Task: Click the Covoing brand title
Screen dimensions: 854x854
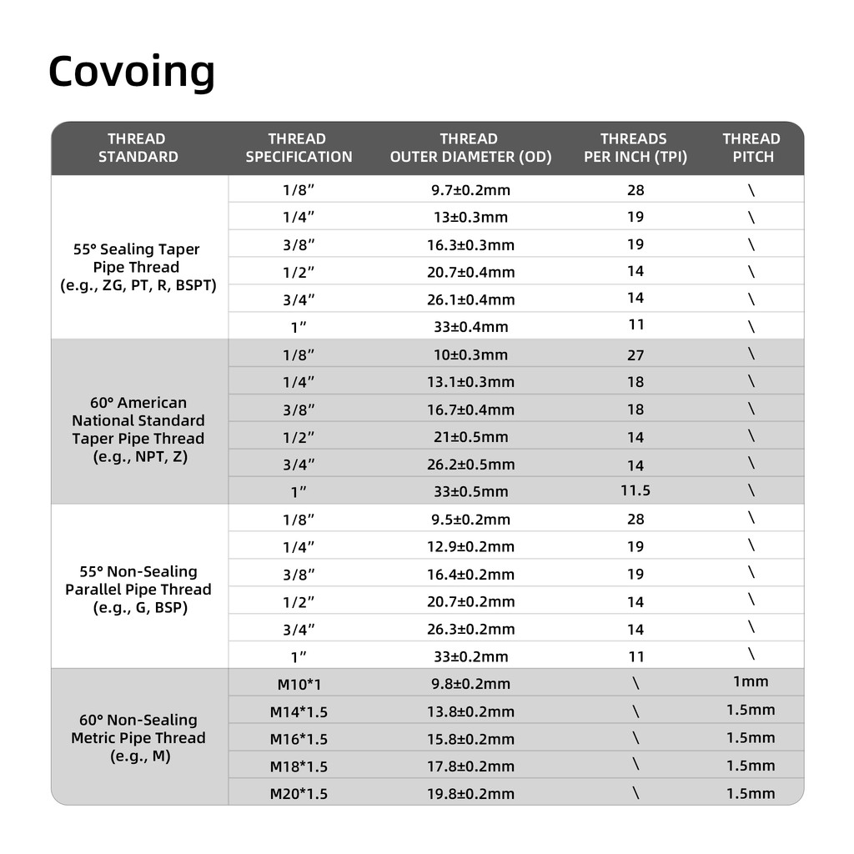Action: tap(132, 72)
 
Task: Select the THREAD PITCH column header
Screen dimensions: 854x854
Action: tap(751, 148)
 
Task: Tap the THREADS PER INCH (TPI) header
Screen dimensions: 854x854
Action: tap(635, 148)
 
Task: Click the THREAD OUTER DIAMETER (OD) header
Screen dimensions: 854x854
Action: tap(470, 148)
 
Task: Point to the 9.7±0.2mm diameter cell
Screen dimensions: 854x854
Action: tap(470, 190)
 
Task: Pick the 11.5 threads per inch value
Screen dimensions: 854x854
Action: tap(635, 490)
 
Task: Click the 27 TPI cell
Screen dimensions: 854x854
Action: tap(635, 355)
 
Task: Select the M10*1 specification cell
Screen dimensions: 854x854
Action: tap(299, 685)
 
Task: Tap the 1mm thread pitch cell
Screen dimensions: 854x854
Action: tap(751, 682)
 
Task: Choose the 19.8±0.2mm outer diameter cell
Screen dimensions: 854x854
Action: tap(470, 794)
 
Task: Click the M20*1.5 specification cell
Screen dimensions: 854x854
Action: tap(299, 794)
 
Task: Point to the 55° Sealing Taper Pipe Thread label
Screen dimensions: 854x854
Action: tap(138, 267)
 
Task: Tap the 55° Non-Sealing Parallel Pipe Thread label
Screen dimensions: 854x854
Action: tap(138, 590)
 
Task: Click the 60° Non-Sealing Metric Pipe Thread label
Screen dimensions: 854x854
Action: tap(138, 738)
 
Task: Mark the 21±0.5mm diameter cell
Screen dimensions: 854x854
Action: tap(470, 437)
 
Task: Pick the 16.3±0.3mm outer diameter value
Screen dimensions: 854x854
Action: tap(470, 245)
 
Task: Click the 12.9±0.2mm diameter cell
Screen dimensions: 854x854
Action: tap(470, 547)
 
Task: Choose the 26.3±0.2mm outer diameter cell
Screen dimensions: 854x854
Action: tap(470, 630)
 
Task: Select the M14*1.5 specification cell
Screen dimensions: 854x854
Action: tap(299, 712)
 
